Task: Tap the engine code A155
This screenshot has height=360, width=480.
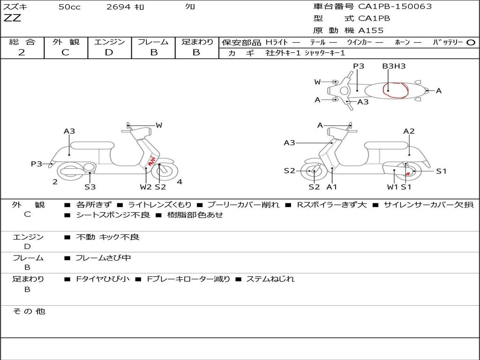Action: (x=371, y=30)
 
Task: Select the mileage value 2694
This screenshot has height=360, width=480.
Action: (x=119, y=7)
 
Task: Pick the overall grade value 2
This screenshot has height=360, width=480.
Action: (x=22, y=52)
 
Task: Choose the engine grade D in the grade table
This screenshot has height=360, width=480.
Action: (x=109, y=52)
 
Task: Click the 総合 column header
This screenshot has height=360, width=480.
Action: (x=22, y=42)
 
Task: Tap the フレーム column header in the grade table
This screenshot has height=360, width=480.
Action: (x=153, y=42)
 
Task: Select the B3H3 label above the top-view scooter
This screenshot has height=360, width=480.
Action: (x=393, y=66)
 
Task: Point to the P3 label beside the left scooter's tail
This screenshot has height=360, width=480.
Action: (x=37, y=164)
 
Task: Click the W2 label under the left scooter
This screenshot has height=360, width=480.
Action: (x=146, y=187)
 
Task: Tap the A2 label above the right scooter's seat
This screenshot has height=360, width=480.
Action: (x=409, y=131)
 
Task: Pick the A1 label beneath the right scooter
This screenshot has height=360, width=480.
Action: (x=332, y=187)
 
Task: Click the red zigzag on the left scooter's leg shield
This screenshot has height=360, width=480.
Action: (x=151, y=160)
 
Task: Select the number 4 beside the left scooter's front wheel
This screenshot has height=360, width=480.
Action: (x=180, y=182)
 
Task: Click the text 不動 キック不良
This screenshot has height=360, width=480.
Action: (x=107, y=237)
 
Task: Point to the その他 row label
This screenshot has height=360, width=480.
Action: (x=29, y=311)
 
